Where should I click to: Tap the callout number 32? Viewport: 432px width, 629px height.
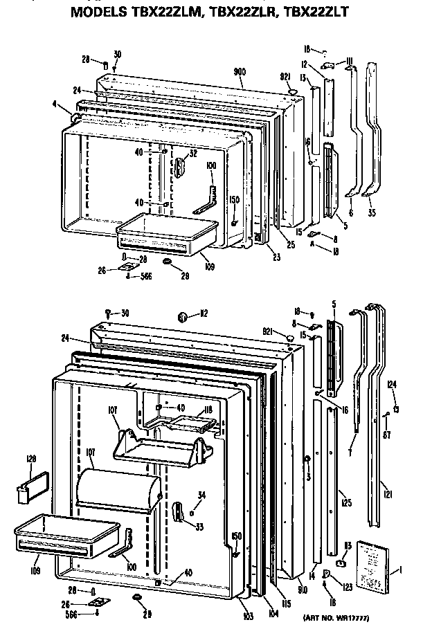click(193, 154)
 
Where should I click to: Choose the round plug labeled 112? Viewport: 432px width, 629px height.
click(183, 317)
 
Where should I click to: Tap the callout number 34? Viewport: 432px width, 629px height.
click(201, 494)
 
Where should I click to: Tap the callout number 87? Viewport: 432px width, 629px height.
click(388, 436)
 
